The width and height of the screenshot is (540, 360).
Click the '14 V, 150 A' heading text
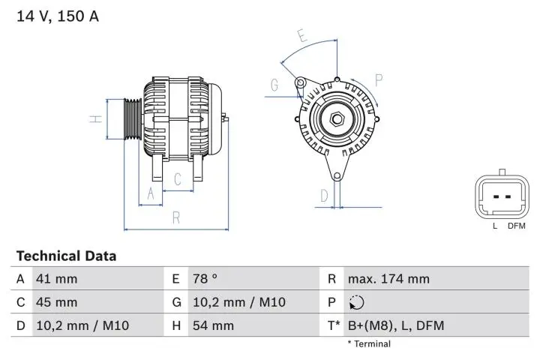[x=58, y=16]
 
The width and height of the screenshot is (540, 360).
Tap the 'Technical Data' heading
[x=66, y=256]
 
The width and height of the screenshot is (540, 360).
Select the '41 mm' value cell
[x=57, y=279]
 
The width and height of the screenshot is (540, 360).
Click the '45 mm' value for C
[x=57, y=302]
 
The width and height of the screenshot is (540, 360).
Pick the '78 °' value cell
[x=205, y=279]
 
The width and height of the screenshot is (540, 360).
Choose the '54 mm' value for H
[x=213, y=325]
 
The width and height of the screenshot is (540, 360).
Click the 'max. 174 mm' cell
[x=388, y=279]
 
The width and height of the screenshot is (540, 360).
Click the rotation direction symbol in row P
[x=355, y=302]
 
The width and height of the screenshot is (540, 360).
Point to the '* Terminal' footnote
[x=368, y=344]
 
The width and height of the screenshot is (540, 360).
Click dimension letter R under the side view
[x=176, y=218]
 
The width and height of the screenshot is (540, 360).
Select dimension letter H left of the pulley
[x=95, y=119]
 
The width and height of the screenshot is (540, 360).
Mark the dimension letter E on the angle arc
[x=301, y=35]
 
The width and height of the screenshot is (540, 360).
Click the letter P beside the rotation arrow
[x=379, y=79]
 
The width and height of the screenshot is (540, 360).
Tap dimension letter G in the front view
[x=274, y=85]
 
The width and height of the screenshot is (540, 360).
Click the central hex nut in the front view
[x=337, y=118]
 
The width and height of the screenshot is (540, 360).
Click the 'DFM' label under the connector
[x=516, y=226]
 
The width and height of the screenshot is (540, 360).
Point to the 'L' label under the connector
[x=494, y=226]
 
